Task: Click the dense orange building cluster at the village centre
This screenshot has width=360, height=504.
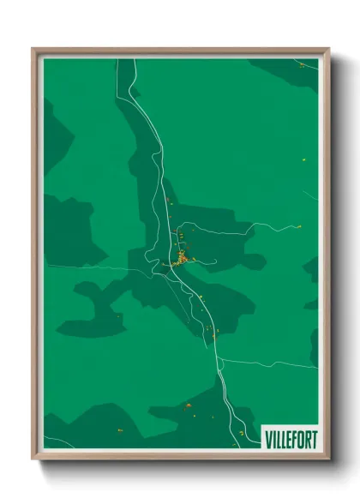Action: (182, 257)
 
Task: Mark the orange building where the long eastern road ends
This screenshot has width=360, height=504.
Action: (299, 226)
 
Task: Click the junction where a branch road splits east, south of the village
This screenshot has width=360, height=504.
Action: (218, 358)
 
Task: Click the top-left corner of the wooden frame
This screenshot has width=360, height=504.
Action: (33, 49)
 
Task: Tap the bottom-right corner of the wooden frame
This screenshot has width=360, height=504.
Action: (328, 459)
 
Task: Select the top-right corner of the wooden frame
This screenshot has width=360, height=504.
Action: (328, 49)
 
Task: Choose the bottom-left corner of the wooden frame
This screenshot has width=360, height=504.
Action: (33, 459)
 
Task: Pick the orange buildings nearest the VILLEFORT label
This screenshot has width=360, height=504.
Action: (242, 433)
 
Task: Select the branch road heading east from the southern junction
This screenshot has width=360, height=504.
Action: (266, 362)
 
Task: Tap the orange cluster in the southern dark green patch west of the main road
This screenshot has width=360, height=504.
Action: (187, 405)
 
